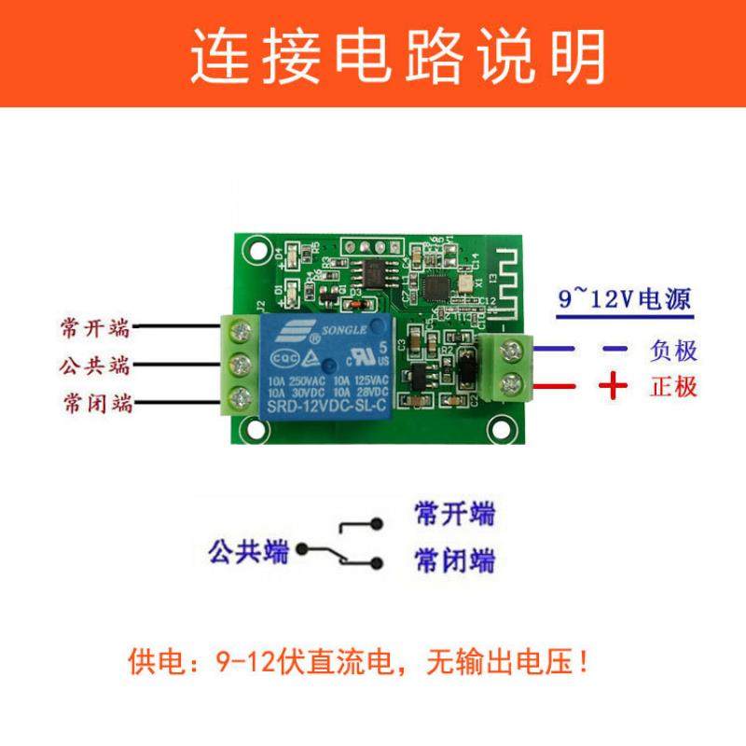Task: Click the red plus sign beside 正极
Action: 612,385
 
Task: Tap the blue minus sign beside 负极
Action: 612,350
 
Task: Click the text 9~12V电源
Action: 624,299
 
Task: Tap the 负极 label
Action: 673,351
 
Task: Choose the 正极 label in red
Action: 673,386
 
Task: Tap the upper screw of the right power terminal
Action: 510,350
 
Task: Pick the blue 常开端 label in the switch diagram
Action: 453,513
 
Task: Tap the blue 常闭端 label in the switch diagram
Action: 453,560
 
